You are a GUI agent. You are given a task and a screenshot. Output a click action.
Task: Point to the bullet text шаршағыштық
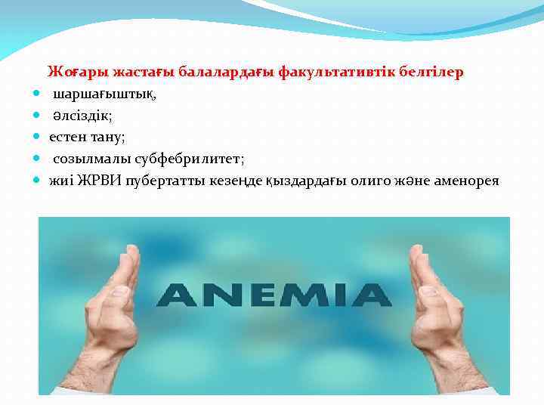(x=104, y=94)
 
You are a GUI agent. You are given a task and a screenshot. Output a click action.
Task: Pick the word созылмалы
(x=91, y=159)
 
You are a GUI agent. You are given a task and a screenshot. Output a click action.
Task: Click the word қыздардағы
(x=306, y=181)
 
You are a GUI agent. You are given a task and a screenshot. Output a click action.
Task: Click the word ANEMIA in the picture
(x=274, y=295)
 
